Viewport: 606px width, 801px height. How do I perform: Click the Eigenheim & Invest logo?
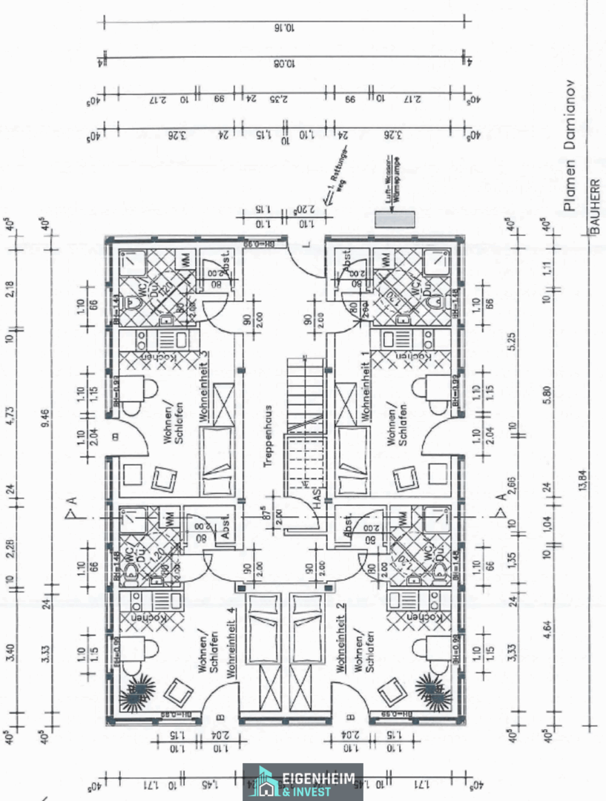click(x=303, y=782)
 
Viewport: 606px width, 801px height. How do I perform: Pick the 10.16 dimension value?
click(x=283, y=28)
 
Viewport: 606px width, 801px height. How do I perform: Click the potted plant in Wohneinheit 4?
click(x=134, y=692)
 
